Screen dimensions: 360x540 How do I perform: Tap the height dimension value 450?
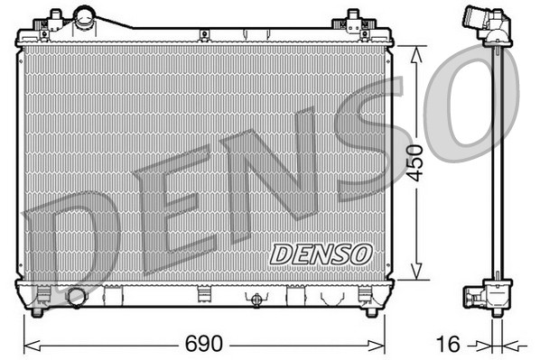(414, 162)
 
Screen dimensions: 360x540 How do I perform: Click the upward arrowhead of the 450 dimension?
(415, 51)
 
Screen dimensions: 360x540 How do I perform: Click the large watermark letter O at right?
(470, 104)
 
